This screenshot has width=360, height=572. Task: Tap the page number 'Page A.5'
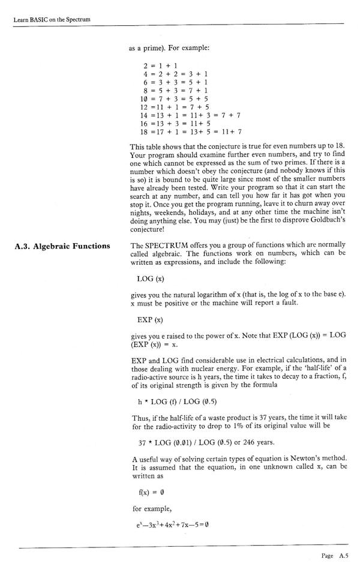click(334, 556)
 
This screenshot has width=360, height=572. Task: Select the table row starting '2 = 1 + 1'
click(158, 64)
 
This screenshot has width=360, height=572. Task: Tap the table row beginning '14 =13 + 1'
click(190, 115)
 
